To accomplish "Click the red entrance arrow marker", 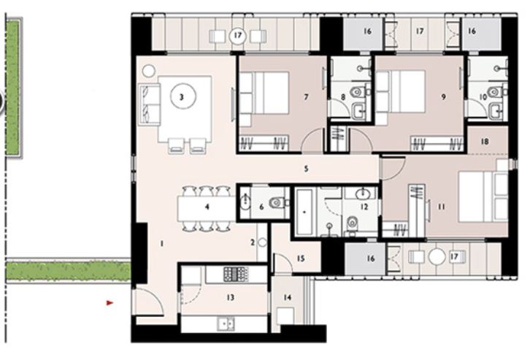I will (x=110, y=302).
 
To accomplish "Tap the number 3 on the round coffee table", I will (x=184, y=94).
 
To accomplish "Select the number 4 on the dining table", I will (x=207, y=207).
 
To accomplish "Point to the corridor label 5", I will (x=307, y=169).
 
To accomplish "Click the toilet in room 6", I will (x=274, y=202).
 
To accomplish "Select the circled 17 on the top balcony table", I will (x=237, y=34).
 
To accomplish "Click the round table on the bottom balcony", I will (x=437, y=257).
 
